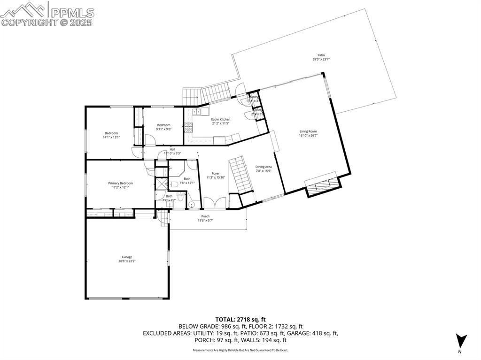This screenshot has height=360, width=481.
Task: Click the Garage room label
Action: point(127,259)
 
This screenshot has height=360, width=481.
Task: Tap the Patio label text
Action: point(321,57)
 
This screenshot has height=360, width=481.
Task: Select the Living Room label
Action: point(308,133)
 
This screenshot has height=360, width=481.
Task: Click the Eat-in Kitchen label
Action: point(220,121)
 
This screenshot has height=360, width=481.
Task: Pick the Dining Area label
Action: point(263,169)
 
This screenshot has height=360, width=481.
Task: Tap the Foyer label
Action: point(216,175)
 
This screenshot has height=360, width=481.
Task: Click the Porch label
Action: point(205,218)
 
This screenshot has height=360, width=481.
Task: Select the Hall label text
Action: point(172,151)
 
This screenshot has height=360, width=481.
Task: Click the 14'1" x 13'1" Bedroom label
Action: point(111,135)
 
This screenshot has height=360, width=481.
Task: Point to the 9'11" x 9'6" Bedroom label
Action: point(163,127)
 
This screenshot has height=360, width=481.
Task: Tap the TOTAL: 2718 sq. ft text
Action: point(240,319)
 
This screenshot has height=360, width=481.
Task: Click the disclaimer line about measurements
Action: point(240,350)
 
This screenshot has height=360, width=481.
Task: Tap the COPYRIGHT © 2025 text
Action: point(47,22)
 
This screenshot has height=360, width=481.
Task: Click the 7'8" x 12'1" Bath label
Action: point(187,180)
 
